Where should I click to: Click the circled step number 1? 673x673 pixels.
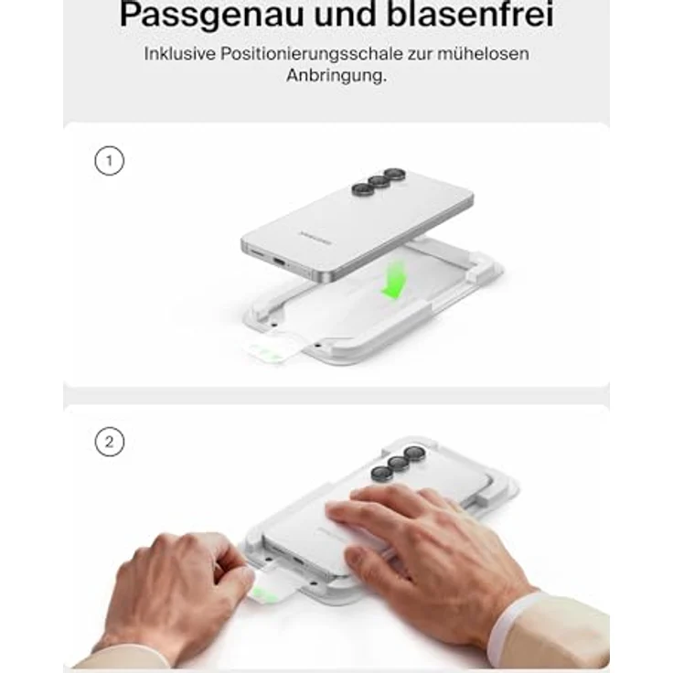(x=109, y=162)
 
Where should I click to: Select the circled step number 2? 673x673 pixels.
(x=109, y=443)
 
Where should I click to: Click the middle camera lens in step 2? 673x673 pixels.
(x=398, y=465)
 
